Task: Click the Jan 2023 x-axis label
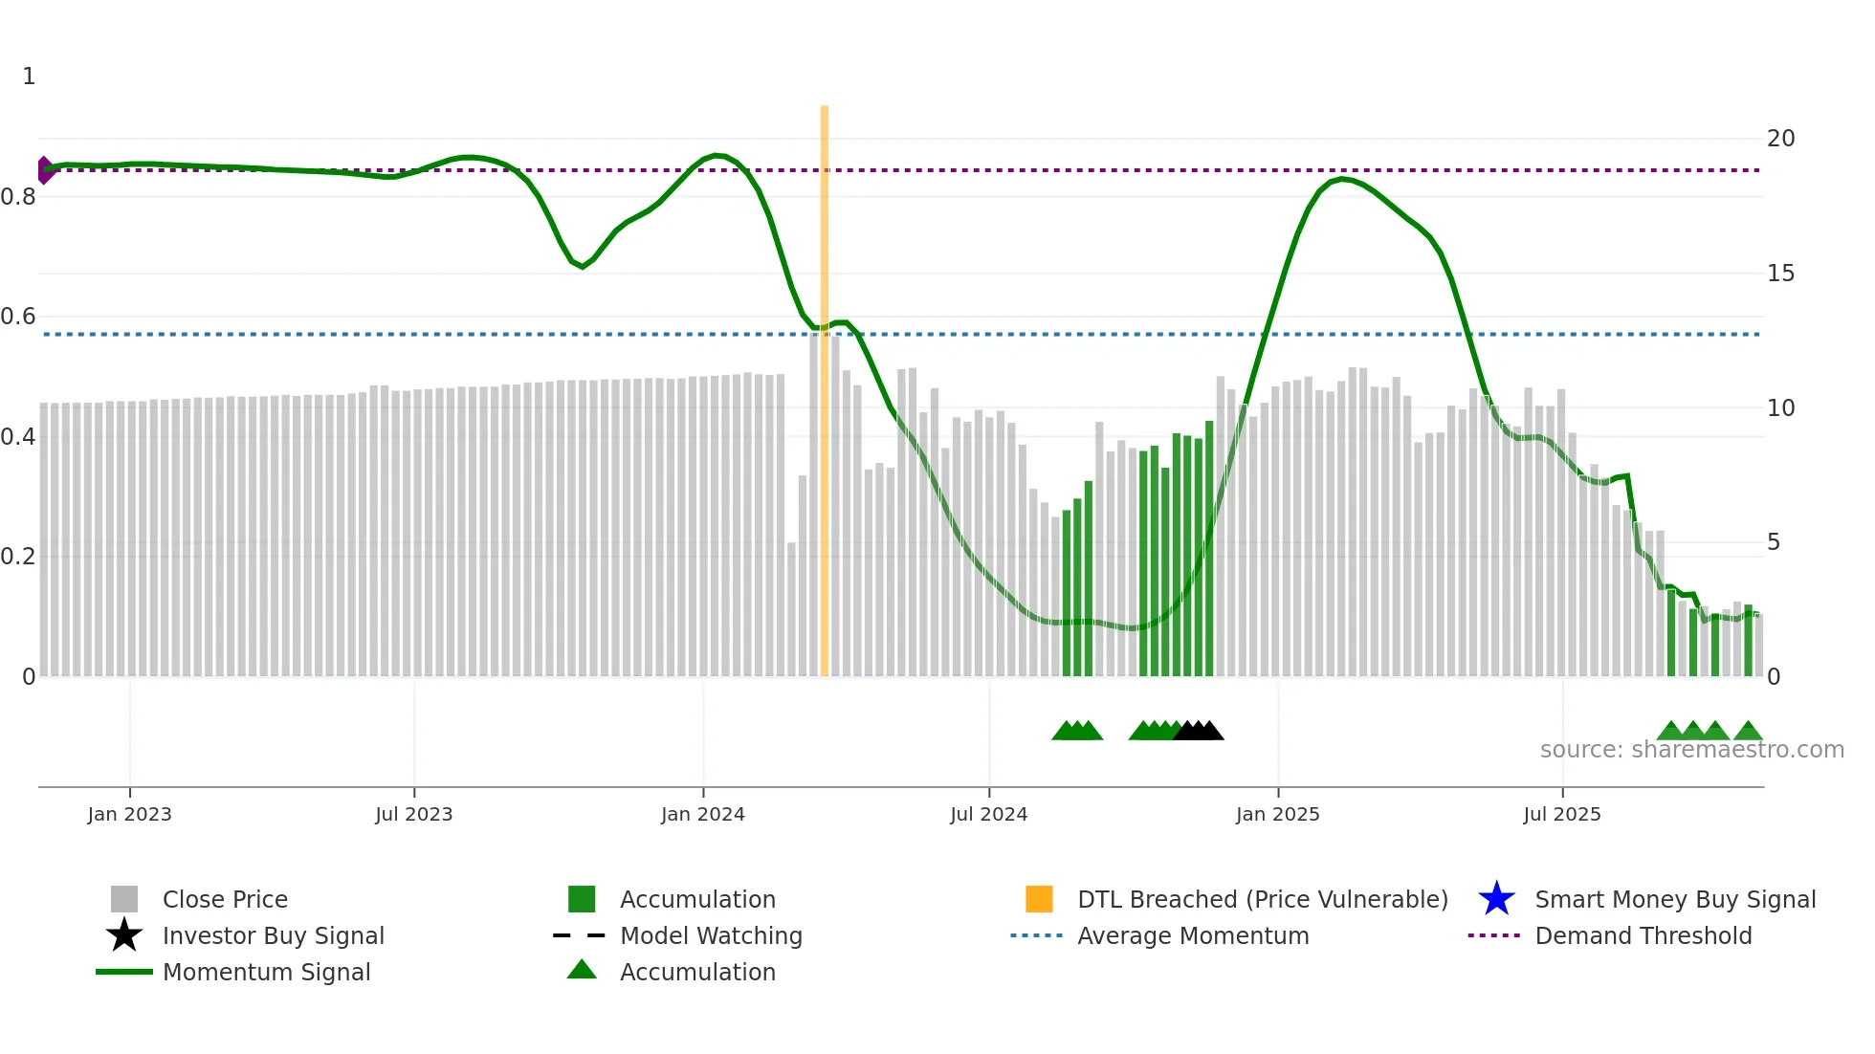click(x=129, y=814)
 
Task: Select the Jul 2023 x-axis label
click(x=413, y=814)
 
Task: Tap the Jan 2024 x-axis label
click(x=702, y=814)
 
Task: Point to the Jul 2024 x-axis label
click(x=988, y=814)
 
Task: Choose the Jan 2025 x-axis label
click(x=1277, y=814)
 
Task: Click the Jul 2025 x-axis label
click(x=1561, y=814)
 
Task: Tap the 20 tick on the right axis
click(x=1780, y=139)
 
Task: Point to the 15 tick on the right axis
click(x=1780, y=274)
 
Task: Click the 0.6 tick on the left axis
click(x=18, y=317)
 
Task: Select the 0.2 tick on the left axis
click(x=18, y=557)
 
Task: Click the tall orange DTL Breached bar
click(x=824, y=383)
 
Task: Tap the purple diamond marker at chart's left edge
click(x=44, y=170)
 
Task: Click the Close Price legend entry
click(x=225, y=899)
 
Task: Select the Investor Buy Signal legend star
click(x=124, y=935)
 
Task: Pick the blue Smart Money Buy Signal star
click(x=1496, y=899)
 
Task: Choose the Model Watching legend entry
click(x=711, y=935)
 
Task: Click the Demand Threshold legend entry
click(x=1643, y=935)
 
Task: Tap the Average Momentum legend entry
click(x=1193, y=935)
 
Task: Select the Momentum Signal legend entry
click(x=266, y=972)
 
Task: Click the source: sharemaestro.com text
click(x=1691, y=750)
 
